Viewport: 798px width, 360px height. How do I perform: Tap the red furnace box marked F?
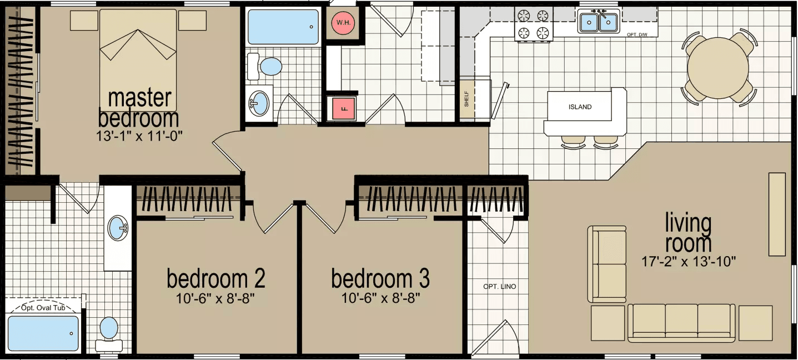pos(343,108)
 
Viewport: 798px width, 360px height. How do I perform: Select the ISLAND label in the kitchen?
pos(580,107)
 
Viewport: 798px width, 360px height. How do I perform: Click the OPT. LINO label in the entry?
pos(499,287)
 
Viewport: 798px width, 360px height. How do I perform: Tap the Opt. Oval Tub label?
pos(43,308)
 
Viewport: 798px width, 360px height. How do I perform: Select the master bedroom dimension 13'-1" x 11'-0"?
pos(139,134)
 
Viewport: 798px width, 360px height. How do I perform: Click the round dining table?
pos(720,68)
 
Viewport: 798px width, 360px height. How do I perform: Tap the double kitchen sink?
pos(598,22)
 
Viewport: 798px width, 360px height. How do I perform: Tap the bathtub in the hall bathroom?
pos(283,27)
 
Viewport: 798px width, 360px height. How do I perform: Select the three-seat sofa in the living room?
pos(681,322)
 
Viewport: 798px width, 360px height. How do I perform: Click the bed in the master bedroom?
pos(138,58)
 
